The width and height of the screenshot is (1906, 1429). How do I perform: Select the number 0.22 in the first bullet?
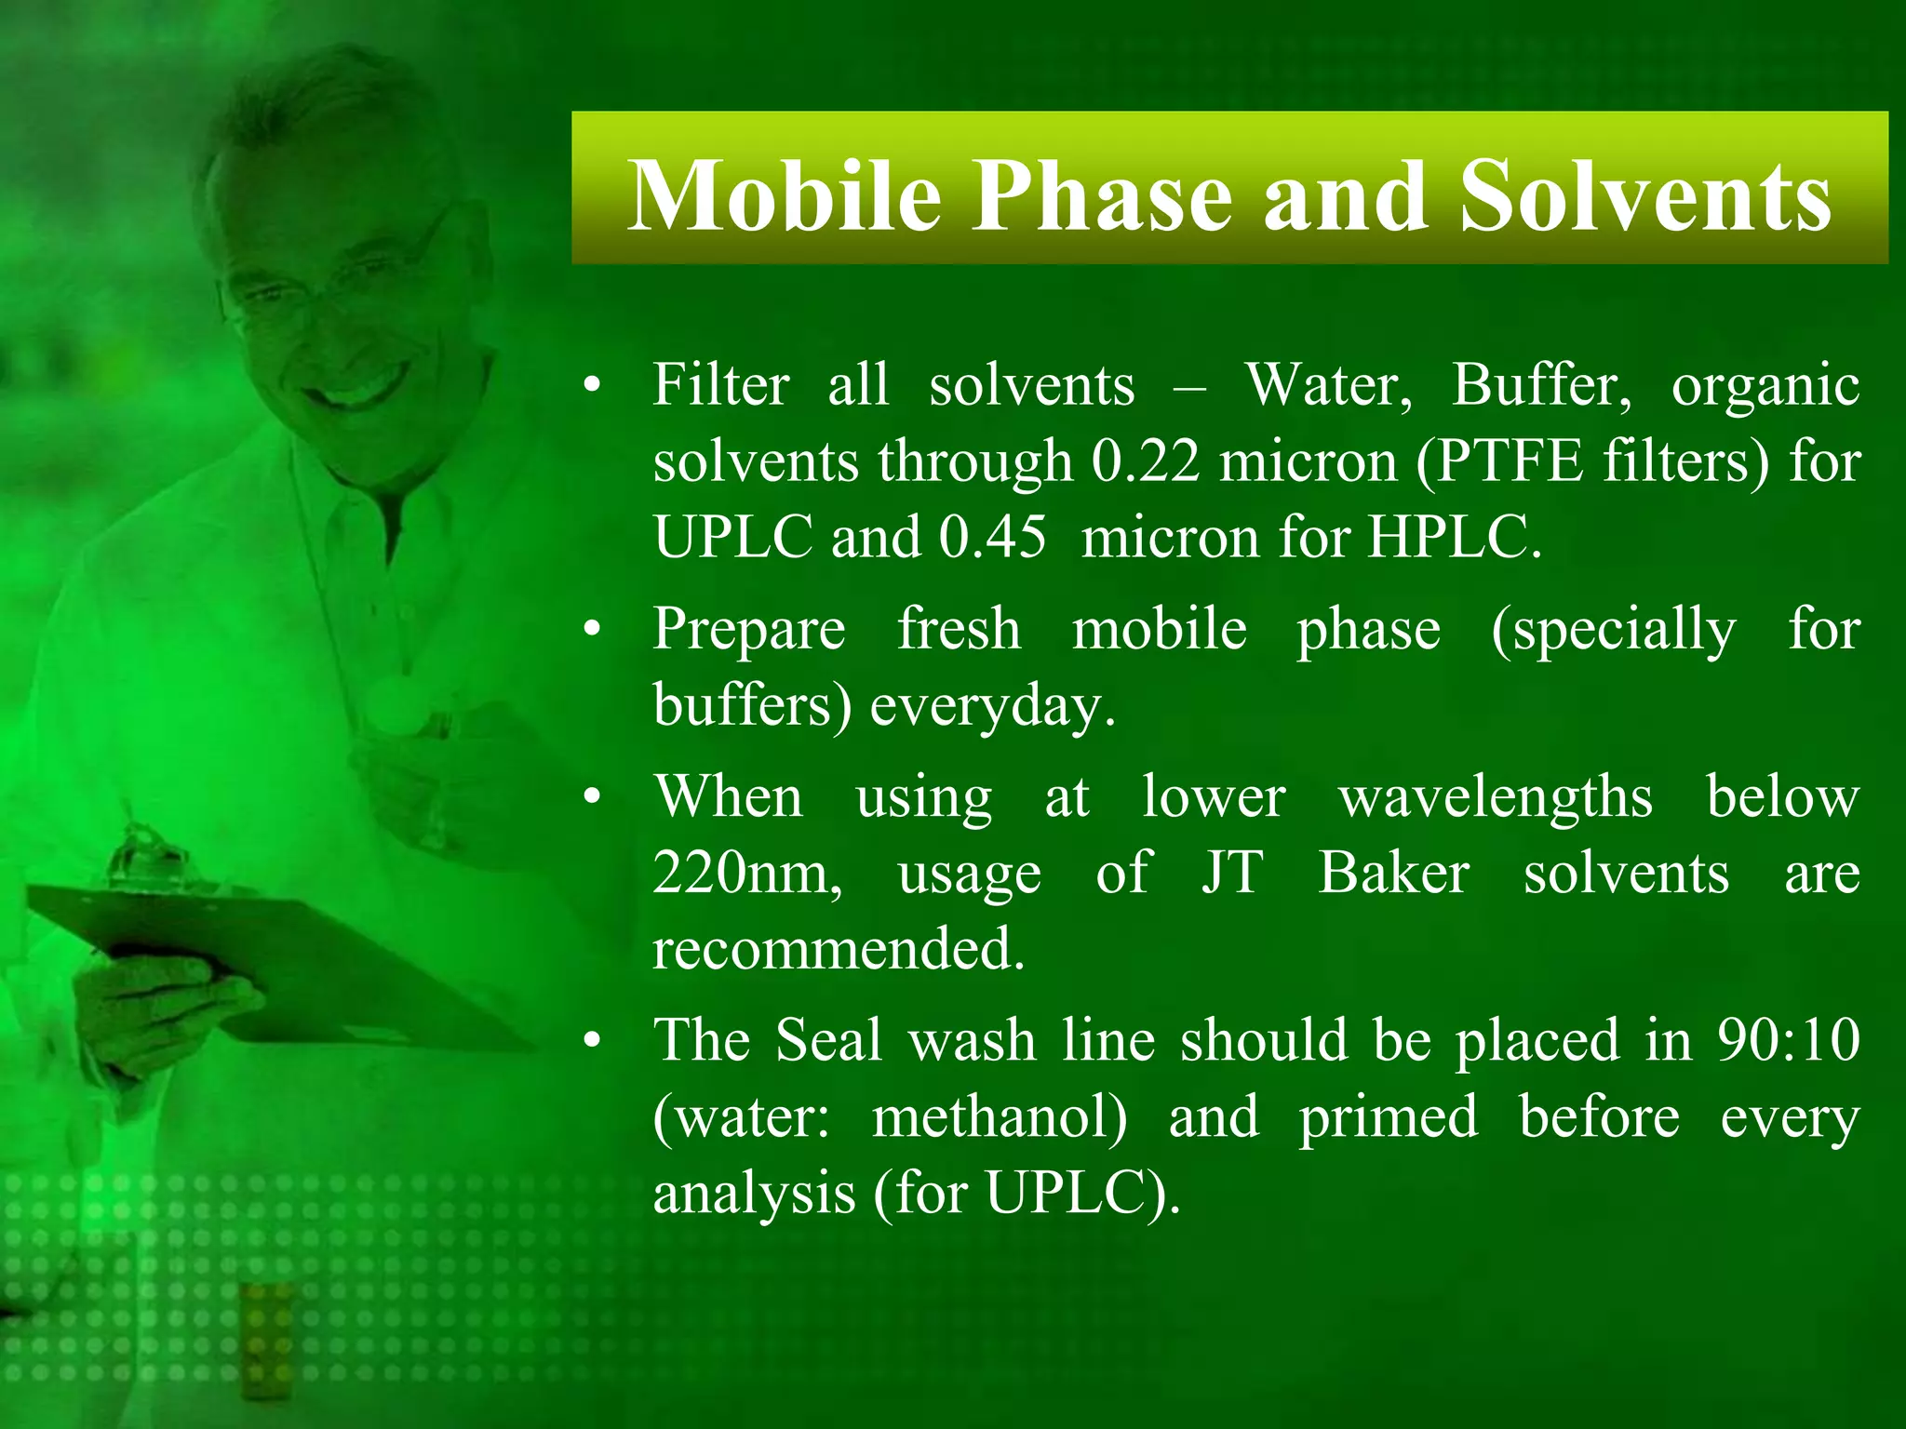pos(1146,461)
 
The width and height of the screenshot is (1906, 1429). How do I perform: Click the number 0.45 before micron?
pos(992,537)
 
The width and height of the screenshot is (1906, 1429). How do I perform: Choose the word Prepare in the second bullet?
pos(749,630)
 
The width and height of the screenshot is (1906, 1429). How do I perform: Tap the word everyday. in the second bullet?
pos(992,706)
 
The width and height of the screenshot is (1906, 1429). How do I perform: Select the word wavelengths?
pos(1496,797)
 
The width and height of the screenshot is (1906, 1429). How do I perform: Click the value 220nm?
pos(747,874)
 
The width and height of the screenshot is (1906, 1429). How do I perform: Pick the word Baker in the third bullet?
pos(1393,874)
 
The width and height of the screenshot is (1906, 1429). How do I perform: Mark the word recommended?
pos(839,950)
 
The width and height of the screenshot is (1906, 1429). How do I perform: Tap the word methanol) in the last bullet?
pos(1000,1117)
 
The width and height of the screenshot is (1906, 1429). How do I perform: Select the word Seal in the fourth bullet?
pos(828,1040)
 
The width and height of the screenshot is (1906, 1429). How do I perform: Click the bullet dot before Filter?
pos(593,386)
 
